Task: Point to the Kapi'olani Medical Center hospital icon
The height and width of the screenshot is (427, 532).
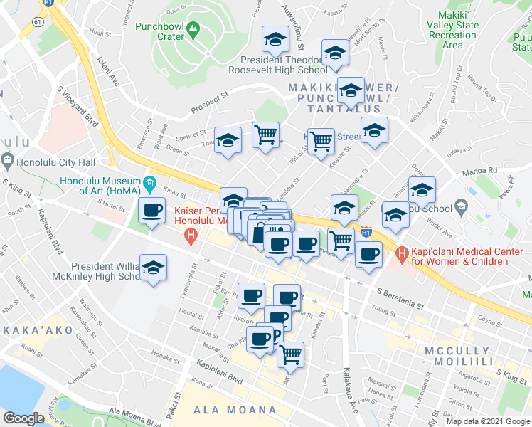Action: point(402,253)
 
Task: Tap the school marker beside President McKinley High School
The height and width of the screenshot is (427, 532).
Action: point(153,268)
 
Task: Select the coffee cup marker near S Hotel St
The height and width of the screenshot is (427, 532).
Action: point(151,210)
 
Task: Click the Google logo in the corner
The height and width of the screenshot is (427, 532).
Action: point(23,418)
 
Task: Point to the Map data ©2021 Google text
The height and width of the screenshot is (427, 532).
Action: point(489,421)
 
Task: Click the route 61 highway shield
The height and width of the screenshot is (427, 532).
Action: point(36,23)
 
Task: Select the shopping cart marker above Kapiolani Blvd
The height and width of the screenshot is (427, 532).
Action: point(290,354)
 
